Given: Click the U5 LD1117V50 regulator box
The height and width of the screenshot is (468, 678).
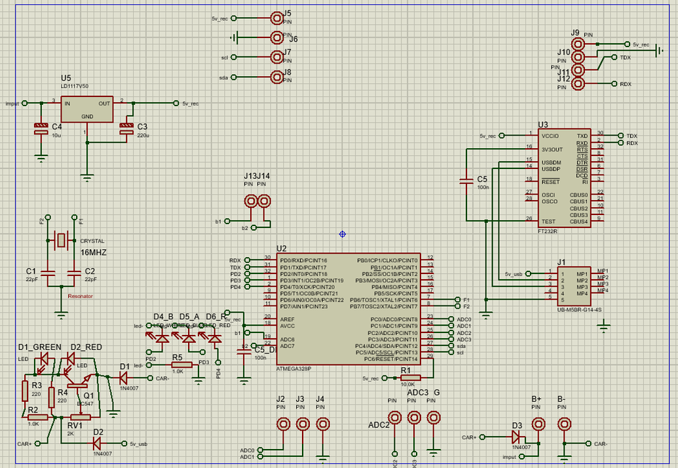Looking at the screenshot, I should (87, 109).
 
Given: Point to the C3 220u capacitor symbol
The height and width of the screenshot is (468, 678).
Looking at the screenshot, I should (126, 128).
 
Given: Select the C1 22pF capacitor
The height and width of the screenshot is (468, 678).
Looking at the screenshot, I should (47, 271).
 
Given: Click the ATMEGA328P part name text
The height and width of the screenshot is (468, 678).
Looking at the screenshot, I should (293, 368).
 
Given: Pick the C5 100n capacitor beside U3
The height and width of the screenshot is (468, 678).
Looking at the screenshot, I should (466, 182).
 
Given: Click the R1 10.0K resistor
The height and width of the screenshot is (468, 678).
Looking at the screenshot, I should (410, 378).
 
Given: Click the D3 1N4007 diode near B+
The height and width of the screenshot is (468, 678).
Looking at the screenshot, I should (517, 437).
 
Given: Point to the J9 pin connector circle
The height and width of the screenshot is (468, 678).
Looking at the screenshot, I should (578, 44).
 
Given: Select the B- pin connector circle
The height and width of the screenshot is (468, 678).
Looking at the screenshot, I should (563, 425).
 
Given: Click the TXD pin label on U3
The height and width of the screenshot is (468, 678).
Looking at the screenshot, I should (582, 136).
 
